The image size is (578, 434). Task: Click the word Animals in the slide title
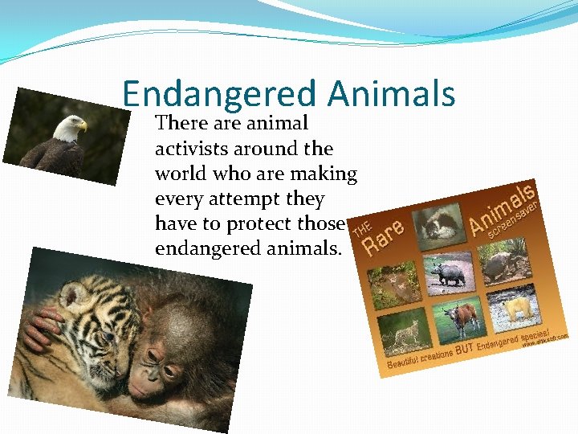[392, 95]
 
